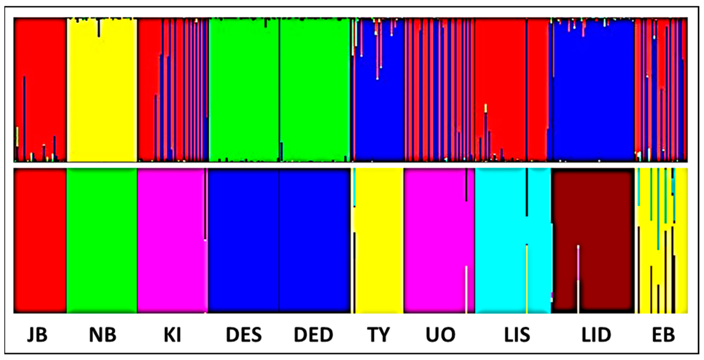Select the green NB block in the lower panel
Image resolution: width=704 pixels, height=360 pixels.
click(102, 240)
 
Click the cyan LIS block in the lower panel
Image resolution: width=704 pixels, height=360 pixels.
click(500, 240)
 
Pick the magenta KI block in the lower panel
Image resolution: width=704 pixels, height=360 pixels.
click(171, 240)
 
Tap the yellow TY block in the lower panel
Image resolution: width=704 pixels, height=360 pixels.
click(378, 240)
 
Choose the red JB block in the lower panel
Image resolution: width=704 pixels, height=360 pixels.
click(40, 240)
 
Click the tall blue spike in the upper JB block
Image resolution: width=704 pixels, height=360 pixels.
click(24, 115)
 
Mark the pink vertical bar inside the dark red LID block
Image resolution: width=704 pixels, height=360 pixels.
click(578, 262)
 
